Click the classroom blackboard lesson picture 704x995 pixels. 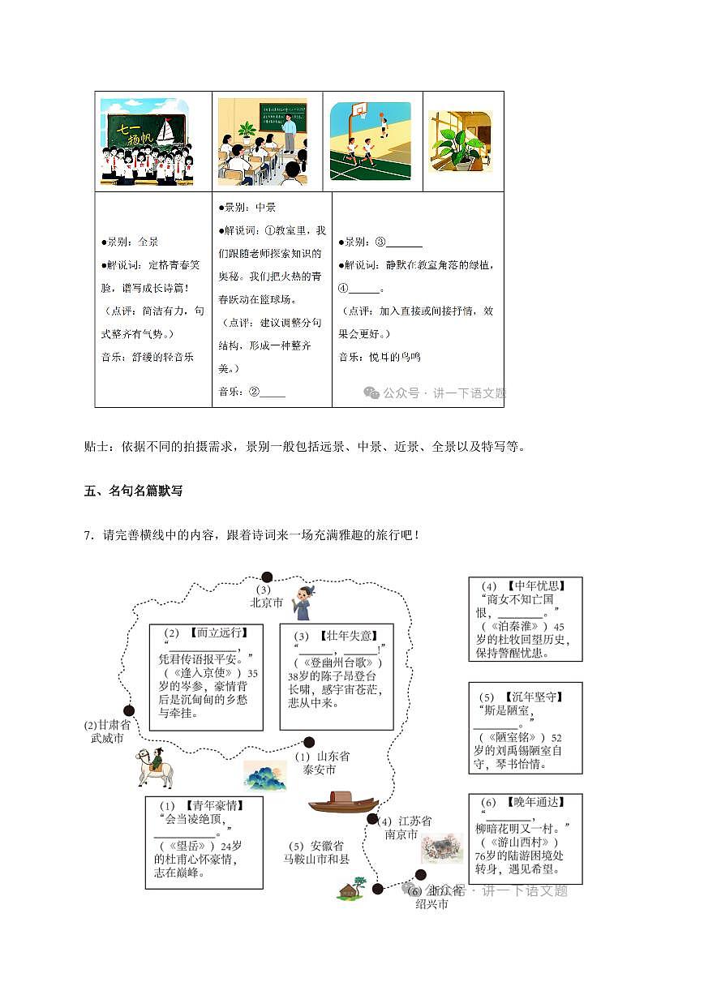coord(262,142)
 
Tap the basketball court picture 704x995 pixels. coord(370,141)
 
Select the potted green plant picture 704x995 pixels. coord(460,141)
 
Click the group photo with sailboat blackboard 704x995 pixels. coord(144,142)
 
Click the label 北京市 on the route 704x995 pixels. coord(266,603)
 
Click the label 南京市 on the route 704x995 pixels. coord(401,834)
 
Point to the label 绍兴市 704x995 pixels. coord(431,904)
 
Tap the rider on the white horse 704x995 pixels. coord(155,767)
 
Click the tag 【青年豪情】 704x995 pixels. coord(212,805)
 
